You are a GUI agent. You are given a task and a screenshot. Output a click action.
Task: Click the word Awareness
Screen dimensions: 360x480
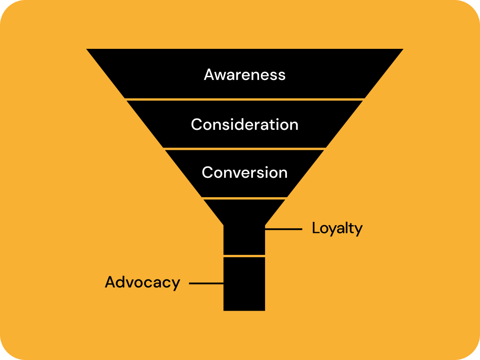coord(245,75)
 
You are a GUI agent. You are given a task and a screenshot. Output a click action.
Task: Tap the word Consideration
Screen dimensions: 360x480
coord(245,125)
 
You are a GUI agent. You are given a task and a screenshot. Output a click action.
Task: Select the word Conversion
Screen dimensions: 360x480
coord(245,173)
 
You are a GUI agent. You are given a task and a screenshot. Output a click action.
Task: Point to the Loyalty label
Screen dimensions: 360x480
coord(337,228)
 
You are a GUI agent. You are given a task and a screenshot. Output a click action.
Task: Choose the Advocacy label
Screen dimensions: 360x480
coord(142,282)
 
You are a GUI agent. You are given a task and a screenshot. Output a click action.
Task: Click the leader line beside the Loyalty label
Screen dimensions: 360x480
coord(283,229)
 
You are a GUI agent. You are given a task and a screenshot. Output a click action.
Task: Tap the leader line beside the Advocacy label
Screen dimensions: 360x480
coord(206,283)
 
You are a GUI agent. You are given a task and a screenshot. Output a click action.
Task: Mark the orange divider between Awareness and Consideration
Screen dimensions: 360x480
coord(245,100)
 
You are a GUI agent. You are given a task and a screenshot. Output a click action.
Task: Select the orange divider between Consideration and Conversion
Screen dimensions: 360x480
coord(245,149)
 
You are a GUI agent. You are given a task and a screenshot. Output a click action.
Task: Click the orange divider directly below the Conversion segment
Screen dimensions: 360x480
coord(245,198)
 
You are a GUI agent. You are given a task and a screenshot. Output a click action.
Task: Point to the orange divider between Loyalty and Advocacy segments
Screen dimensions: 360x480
coord(244,256)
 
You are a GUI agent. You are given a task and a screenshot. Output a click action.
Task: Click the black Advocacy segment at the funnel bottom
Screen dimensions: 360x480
coord(244,284)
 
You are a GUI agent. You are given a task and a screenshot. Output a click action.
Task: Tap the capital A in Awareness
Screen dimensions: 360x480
coord(210,75)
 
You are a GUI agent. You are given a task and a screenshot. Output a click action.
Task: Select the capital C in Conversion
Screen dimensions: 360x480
coord(208,173)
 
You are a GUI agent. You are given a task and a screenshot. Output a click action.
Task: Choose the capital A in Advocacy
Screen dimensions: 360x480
coord(111,282)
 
